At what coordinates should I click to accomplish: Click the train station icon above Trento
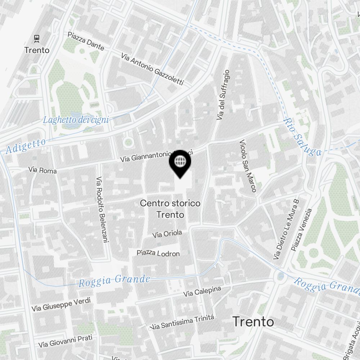point(36,38)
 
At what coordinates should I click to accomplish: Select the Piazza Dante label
point(86,41)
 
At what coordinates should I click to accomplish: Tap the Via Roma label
point(42,170)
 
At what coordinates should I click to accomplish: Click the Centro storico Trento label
point(170,209)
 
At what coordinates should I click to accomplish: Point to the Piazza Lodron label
point(158,253)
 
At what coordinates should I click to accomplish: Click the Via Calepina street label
point(202,292)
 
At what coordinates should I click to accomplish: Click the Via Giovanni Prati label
point(66,341)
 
